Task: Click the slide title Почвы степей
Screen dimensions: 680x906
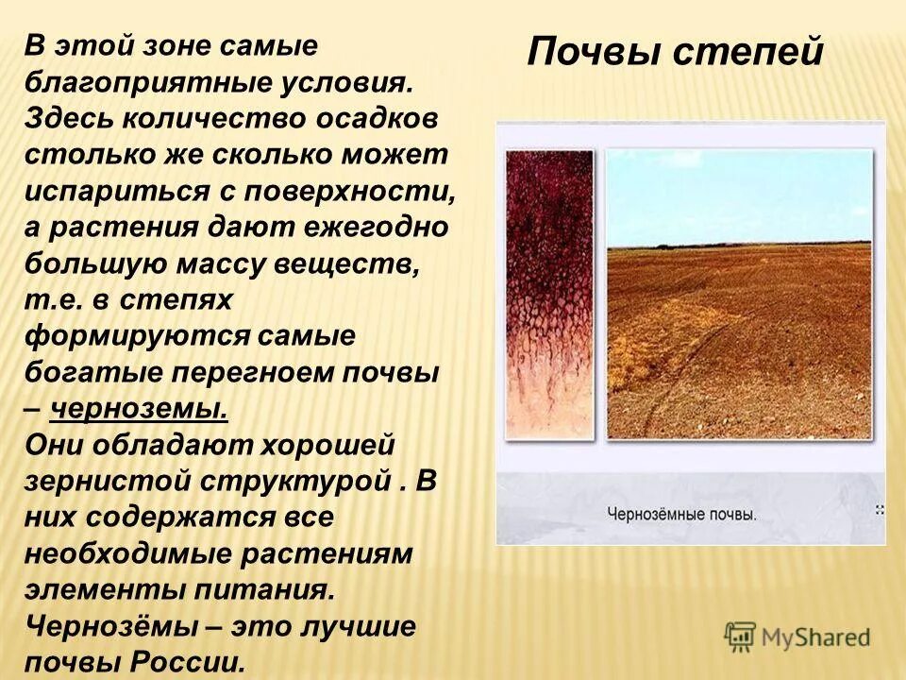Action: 676,51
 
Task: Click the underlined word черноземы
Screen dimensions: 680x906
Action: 139,409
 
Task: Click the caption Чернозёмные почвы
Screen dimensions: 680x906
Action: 681,516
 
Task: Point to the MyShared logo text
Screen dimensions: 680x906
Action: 815,637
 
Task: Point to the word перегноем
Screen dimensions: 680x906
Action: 266,372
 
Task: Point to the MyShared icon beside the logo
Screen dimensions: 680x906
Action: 741,636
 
